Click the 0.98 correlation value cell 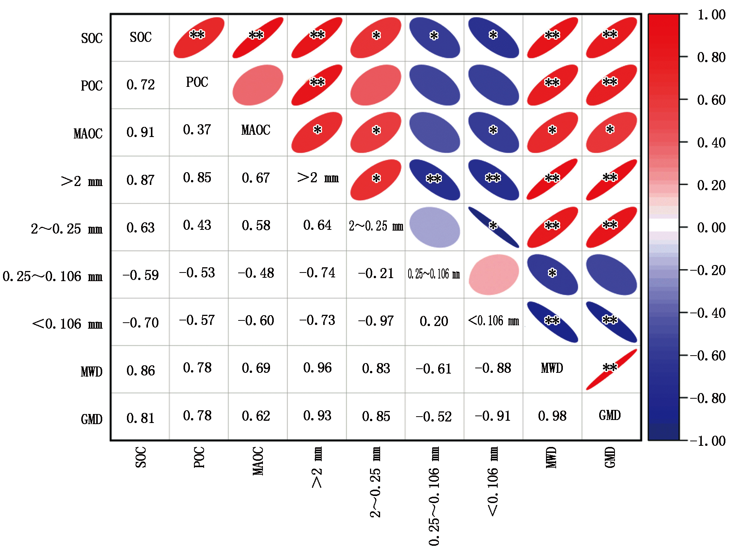tap(552, 416)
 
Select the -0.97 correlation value tap(376, 321)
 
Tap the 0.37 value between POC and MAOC tap(197, 130)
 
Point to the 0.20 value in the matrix tap(434, 321)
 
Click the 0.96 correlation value tap(317, 368)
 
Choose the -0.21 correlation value tap(376, 274)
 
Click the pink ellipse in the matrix tap(494, 275)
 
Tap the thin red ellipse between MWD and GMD tap(611, 369)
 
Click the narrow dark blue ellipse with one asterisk tap(494, 227)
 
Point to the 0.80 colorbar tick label tap(711, 57)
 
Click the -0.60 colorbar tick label tap(707, 356)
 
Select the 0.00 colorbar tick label tap(711, 228)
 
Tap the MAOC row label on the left tap(88, 134)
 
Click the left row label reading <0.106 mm tap(67, 324)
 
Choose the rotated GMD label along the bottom tap(610, 457)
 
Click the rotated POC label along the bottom tap(199, 457)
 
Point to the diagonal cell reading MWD tap(552, 368)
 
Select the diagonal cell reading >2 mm tap(318, 178)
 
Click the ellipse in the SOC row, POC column tap(199, 37)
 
